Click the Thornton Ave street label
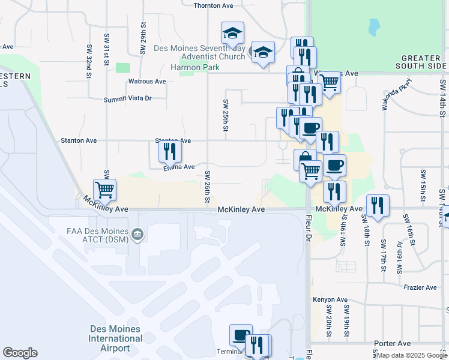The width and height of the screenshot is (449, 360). click(x=212, y=6)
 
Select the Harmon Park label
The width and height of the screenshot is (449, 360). click(x=194, y=68)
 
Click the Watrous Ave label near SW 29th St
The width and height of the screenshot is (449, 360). click(x=147, y=82)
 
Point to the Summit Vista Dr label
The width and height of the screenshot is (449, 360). click(x=128, y=99)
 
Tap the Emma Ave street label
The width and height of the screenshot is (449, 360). click(x=179, y=167)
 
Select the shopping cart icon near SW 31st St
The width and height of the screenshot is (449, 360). click(x=105, y=190)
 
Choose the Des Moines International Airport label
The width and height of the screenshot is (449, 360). click(x=116, y=338)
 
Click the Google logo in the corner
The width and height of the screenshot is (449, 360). click(x=20, y=353)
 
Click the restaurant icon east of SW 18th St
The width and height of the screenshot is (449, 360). click(x=378, y=205)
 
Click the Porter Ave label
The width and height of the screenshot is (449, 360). click(x=394, y=344)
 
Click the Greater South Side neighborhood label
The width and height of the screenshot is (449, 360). click(x=420, y=62)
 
